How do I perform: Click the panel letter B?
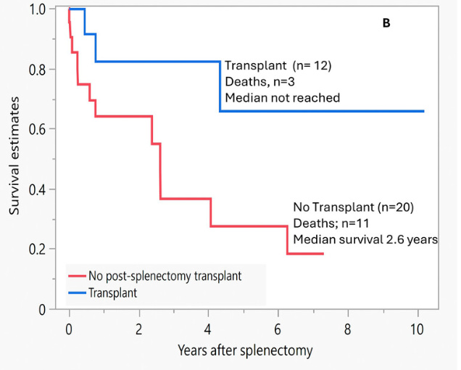386,23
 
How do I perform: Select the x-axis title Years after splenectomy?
245,350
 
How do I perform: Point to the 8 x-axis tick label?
348,327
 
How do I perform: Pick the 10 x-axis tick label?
417,327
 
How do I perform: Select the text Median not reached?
282,97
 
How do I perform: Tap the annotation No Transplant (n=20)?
353,207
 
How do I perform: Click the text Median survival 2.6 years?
365,239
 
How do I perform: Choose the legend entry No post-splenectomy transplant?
165,276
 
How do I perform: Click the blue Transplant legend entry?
114,293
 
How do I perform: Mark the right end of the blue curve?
423,111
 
